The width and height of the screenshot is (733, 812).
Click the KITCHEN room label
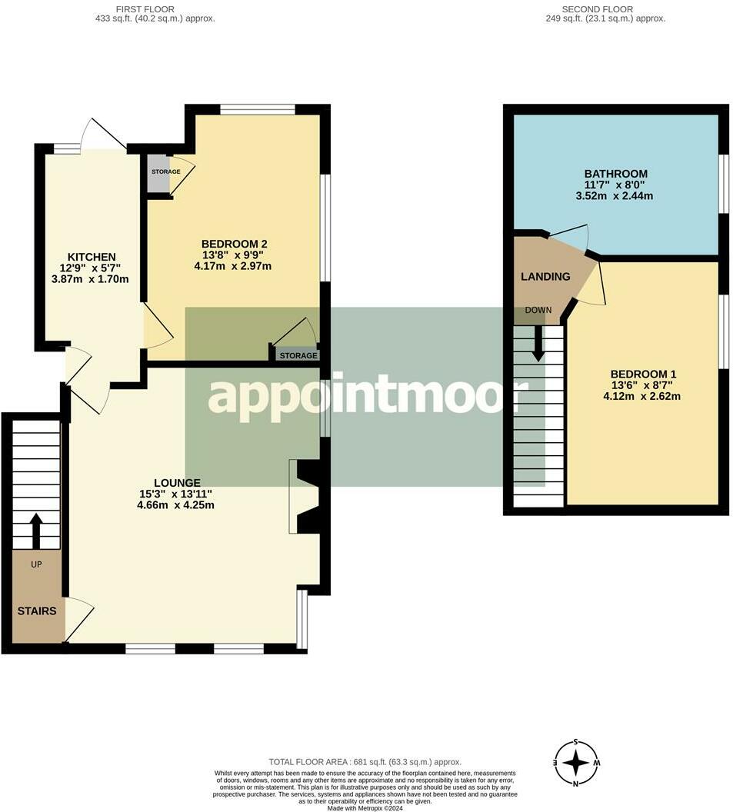tap(92, 257)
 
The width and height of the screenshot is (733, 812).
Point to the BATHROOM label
tap(615, 174)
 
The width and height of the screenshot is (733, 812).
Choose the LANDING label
tap(545, 277)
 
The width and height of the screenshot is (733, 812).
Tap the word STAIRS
tap(37, 611)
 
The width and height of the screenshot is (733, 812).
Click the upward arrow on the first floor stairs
tap(36, 529)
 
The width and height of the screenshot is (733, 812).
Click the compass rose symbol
tap(576, 763)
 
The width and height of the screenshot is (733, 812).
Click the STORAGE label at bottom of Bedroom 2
tap(298, 356)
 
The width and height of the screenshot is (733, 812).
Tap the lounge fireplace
tap(308, 496)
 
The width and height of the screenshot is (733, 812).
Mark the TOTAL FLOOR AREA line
tap(365, 763)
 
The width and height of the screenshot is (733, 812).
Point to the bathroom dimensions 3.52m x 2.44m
tap(615, 196)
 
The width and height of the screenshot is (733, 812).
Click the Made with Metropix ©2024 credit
tap(365, 808)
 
